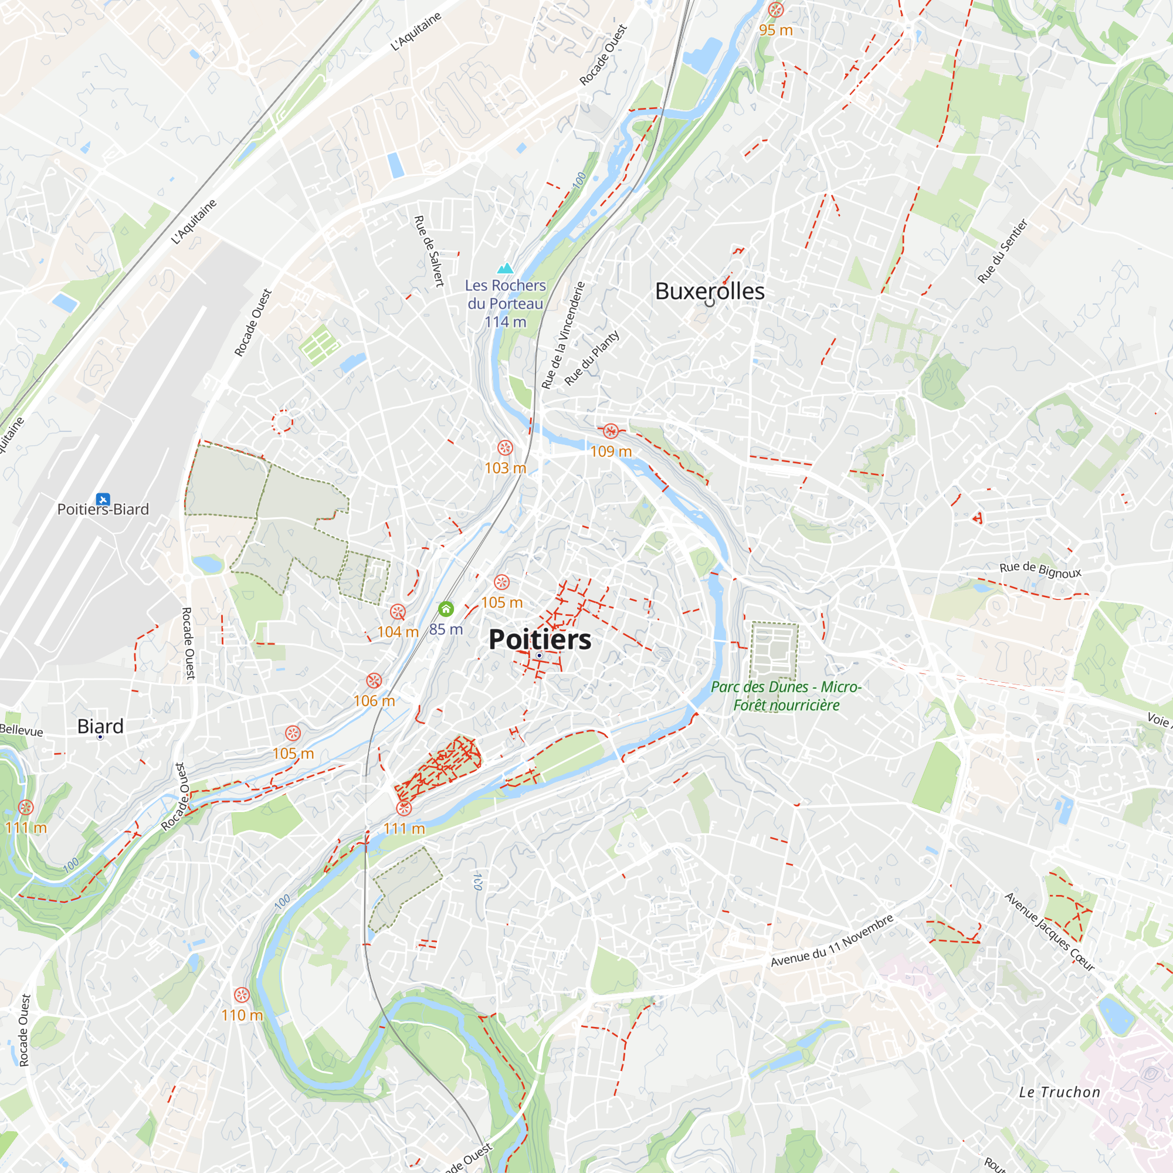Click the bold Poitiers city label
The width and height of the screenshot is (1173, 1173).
[x=540, y=640]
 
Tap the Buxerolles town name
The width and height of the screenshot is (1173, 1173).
[x=709, y=291]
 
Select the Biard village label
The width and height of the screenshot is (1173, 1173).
[x=100, y=726]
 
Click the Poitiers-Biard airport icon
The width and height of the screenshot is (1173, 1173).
[x=103, y=499]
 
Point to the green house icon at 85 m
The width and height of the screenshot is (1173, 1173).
[x=446, y=609]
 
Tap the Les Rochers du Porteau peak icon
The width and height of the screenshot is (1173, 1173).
[x=505, y=269]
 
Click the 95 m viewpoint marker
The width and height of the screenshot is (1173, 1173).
[x=775, y=10]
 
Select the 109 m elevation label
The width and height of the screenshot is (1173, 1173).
[x=611, y=452]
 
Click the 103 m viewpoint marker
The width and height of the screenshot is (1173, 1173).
[x=505, y=448]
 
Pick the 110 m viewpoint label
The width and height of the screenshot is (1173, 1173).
[x=242, y=1015]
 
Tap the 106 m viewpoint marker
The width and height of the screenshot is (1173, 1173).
[x=374, y=681]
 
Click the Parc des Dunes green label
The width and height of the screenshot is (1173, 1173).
[x=786, y=696]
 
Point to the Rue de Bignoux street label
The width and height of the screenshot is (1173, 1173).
[x=1040, y=570]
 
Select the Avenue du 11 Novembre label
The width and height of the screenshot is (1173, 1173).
[x=832, y=941]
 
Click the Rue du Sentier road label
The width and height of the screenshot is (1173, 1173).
[x=1002, y=252]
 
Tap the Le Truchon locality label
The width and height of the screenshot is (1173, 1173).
[x=1059, y=1092]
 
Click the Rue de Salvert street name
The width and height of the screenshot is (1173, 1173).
[x=429, y=251]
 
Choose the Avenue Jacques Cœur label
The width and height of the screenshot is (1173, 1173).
[x=1049, y=932]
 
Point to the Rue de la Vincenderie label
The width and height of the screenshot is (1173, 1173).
[x=563, y=335]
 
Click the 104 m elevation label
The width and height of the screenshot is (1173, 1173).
[x=398, y=632]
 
